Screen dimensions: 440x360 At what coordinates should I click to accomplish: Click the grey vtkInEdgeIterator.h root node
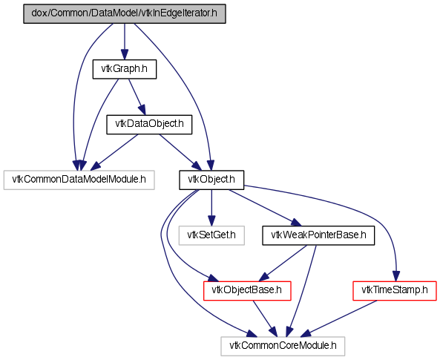pos(125,13)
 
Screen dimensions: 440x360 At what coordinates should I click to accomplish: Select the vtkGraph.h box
pos(125,69)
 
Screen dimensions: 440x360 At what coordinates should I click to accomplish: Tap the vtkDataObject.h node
pos(149,124)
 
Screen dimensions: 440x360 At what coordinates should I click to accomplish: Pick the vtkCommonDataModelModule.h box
pos(79,180)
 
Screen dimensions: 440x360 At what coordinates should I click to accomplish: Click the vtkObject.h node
pos(211,180)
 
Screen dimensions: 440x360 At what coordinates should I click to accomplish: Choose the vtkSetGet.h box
pos(211,235)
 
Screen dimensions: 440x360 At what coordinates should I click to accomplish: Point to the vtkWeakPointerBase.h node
pos(318,235)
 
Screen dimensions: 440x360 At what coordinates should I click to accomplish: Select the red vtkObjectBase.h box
pos(247,290)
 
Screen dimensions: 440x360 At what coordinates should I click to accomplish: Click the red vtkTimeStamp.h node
pos(395,290)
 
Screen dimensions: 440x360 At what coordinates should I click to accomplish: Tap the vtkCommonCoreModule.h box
pos(283,346)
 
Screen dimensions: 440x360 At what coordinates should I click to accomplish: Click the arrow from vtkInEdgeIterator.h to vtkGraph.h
pos(125,42)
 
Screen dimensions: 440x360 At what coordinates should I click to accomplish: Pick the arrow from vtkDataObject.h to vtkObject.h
pos(180,152)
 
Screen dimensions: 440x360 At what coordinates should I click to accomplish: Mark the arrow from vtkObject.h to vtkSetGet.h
pos(211,208)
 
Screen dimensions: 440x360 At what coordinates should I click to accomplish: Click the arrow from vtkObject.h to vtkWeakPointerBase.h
pos(265,208)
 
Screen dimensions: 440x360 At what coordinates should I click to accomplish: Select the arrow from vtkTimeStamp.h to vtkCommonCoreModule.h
pos(338,318)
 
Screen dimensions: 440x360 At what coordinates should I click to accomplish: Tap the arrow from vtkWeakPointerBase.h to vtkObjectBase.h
pos(283,263)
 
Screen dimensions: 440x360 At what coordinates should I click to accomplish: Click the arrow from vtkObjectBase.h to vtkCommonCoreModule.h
pos(265,318)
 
